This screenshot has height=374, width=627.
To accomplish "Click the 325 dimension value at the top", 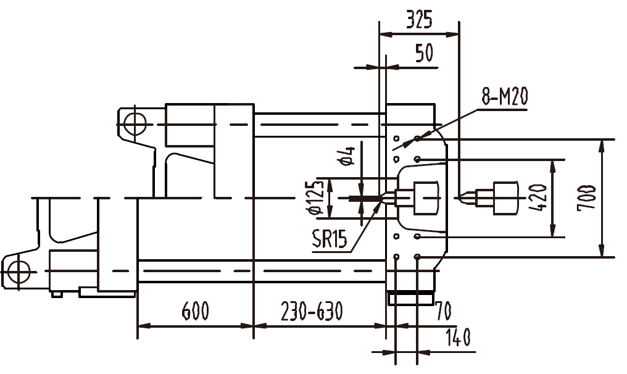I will pos(419,20).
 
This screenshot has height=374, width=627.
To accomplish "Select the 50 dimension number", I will pos(423,53).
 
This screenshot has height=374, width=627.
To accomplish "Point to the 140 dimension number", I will pos(457,337).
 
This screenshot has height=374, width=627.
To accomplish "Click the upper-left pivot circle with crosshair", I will pos(133,124).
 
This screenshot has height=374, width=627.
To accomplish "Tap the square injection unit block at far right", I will pos(506,197).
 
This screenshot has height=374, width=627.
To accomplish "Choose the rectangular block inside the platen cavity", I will pos(425,197).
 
